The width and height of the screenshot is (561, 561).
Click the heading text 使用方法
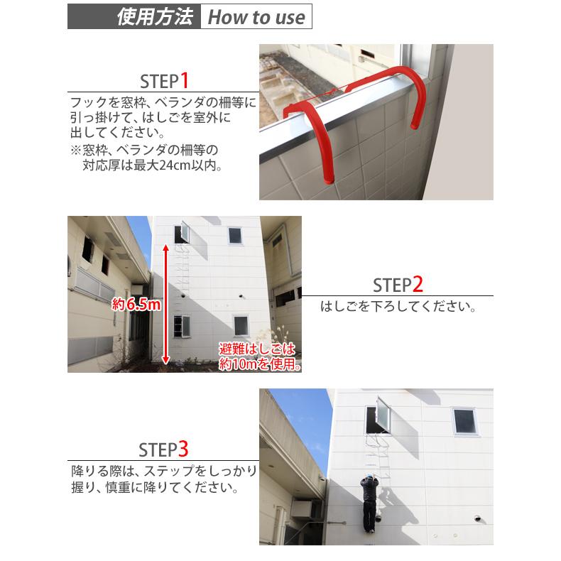155,16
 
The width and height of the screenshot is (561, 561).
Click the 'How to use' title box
256,16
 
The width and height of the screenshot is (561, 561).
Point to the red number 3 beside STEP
183,449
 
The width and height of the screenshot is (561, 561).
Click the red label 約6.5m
138,305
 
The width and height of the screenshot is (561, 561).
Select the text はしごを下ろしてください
398,308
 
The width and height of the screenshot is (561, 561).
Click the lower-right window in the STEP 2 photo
241,325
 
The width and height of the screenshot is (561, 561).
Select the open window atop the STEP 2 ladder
183,232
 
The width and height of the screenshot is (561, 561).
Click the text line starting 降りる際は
163,471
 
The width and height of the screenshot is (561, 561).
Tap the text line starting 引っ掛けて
150,118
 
